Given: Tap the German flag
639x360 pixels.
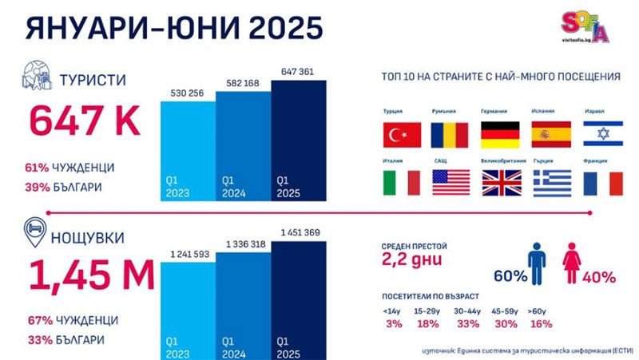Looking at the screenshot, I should point(500,135).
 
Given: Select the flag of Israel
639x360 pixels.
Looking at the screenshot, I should point(602,135).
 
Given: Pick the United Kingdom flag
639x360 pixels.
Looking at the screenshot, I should point(500,184).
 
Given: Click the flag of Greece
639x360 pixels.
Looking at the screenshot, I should point(552,184).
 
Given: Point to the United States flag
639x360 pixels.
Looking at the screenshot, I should point(452,184).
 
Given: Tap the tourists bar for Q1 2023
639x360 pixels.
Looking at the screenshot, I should point(188,152).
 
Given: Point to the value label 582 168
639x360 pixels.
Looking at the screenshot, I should point(244,82).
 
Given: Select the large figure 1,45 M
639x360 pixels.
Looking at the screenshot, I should point(91,275).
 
